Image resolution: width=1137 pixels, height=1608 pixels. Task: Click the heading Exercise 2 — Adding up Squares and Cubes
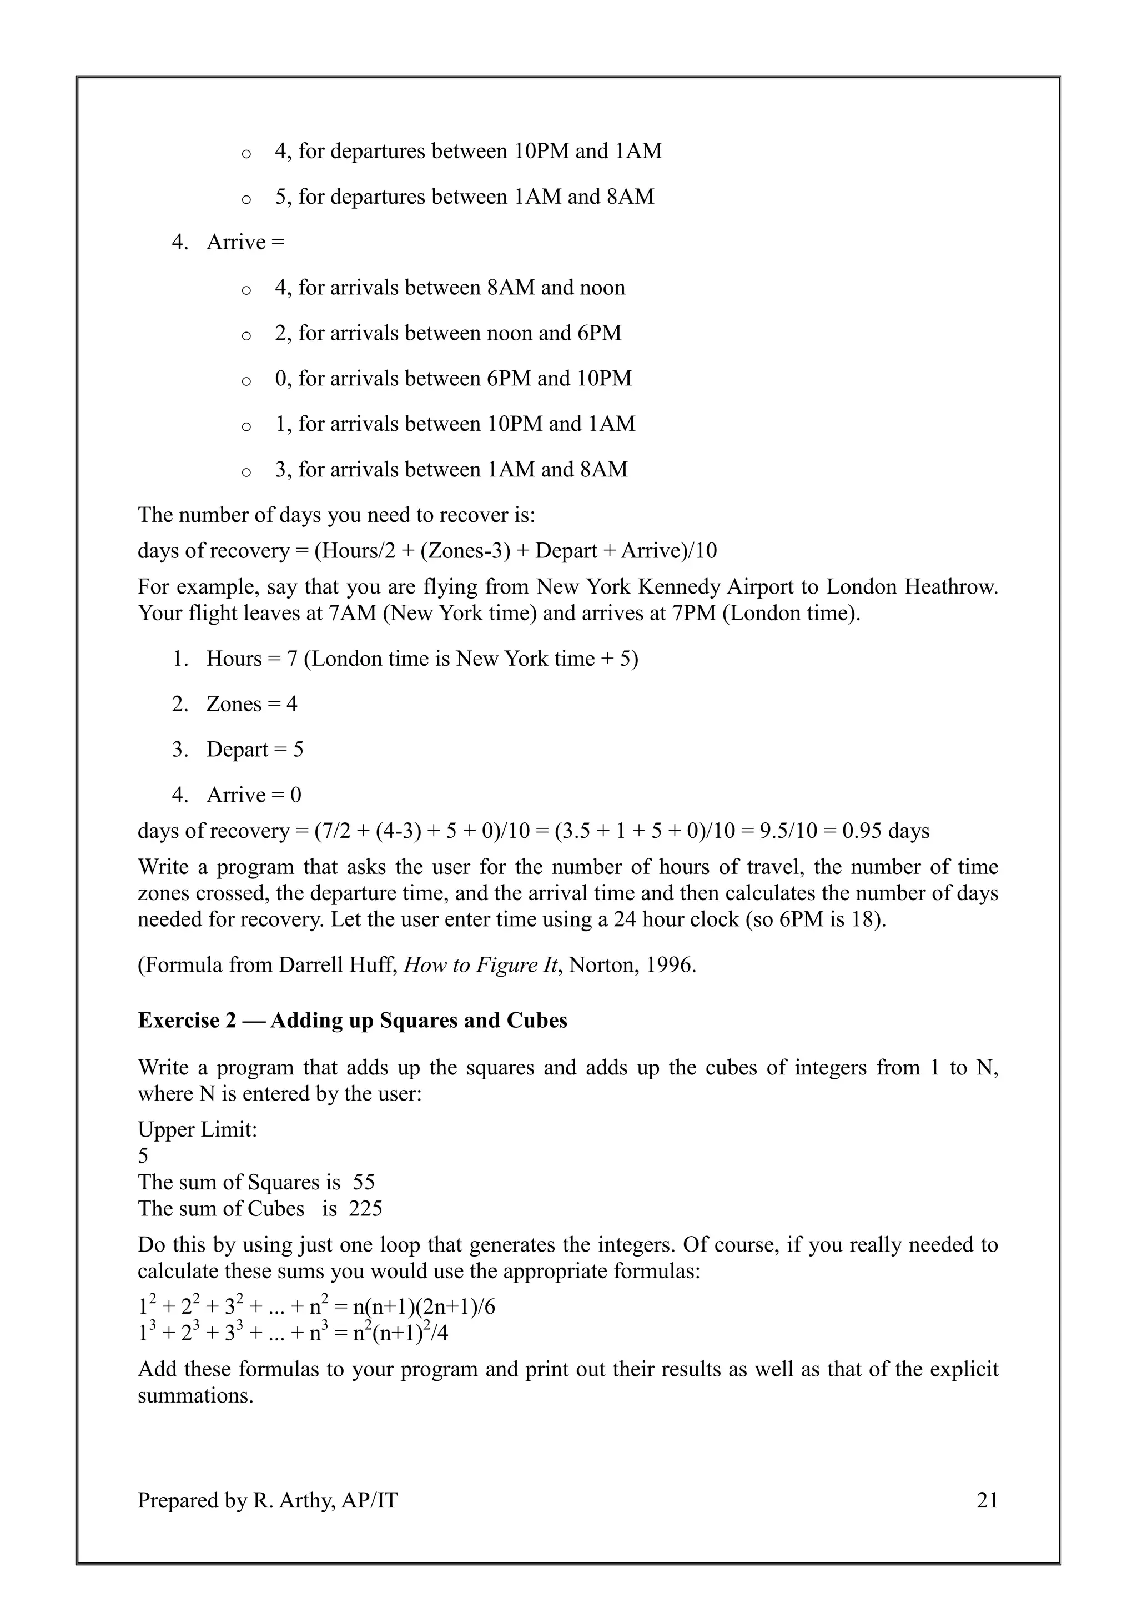pyautogui.click(x=352, y=1021)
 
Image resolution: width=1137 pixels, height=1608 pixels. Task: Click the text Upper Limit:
pyautogui.click(x=198, y=1130)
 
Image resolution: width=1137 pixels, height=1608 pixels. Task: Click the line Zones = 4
pyautogui.click(x=251, y=704)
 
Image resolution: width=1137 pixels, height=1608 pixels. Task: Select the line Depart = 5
pyautogui.click(x=255, y=750)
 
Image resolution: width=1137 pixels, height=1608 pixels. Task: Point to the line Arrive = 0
pyautogui.click(x=254, y=795)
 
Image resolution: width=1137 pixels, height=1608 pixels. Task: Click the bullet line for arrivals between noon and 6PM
pyautogui.click(x=448, y=333)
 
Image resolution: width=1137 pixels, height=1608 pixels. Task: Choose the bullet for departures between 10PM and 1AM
pyautogui.click(x=467, y=151)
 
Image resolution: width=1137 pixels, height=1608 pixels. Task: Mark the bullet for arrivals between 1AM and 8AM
pyautogui.click(x=451, y=469)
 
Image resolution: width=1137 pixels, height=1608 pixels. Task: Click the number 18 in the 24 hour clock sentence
pyautogui.click(x=864, y=919)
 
